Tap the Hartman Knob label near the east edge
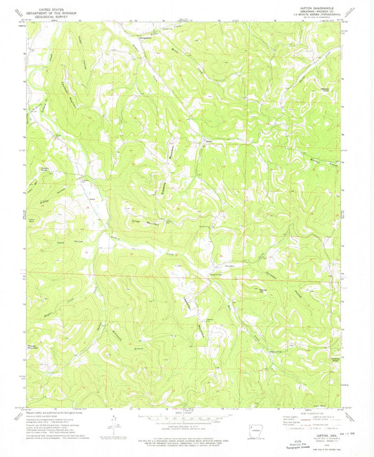coord(325,89)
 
